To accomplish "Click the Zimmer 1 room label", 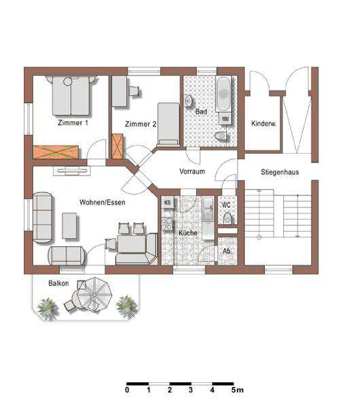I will (x=73, y=123).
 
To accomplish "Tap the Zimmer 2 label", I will (x=141, y=124).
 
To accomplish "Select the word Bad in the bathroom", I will (x=200, y=111).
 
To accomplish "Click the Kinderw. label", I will (x=263, y=124).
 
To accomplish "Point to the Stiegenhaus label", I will (x=277, y=172).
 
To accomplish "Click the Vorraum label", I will (x=192, y=171).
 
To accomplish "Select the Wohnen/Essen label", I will (x=102, y=202).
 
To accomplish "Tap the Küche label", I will (x=187, y=233).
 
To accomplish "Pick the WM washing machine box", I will (x=225, y=119).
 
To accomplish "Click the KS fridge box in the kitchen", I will (x=168, y=203).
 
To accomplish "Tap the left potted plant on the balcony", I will (x=48, y=308).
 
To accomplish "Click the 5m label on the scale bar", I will (x=237, y=390).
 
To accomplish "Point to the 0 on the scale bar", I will (x=127, y=390).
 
